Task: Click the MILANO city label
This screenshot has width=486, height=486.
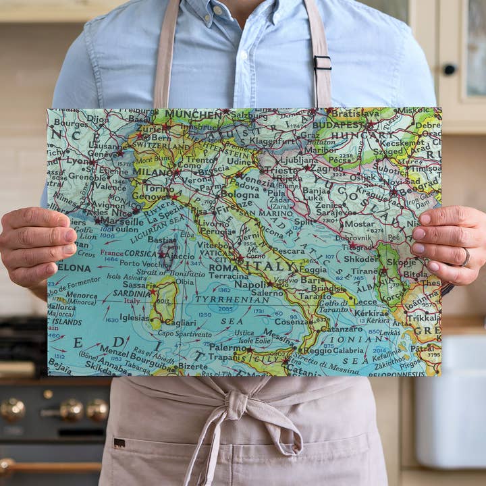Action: tap(153, 172)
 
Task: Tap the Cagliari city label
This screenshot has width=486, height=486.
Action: tap(180, 323)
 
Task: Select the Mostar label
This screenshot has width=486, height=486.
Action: tap(358, 223)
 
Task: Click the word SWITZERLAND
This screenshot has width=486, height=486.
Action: tap(159, 145)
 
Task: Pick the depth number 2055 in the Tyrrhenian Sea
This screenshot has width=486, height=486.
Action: tap(223, 308)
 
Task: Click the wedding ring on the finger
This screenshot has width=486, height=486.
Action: tap(465, 256)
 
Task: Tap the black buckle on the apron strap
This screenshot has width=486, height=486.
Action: tap(323, 63)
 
